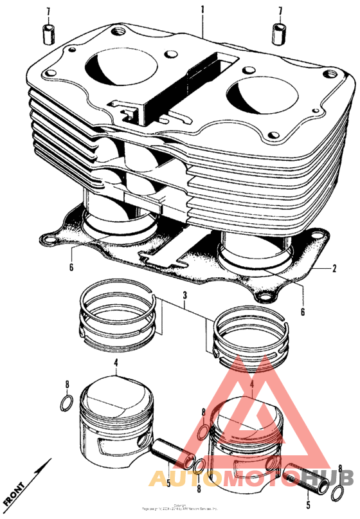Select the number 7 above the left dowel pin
(47, 12)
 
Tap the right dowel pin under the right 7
(280, 33)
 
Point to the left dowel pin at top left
(47, 34)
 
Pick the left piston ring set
(119, 313)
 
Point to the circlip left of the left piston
(66, 403)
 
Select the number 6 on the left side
(71, 268)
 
